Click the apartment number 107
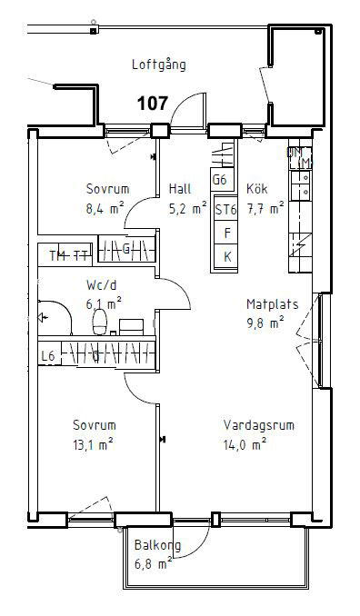(x=152, y=104)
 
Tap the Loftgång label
(x=158, y=65)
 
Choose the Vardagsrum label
(x=259, y=425)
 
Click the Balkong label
(x=157, y=546)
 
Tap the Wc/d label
(x=103, y=283)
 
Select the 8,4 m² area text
(x=105, y=207)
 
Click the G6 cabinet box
(x=219, y=180)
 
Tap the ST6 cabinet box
(x=225, y=210)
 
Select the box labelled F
(x=225, y=233)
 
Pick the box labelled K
(x=225, y=257)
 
